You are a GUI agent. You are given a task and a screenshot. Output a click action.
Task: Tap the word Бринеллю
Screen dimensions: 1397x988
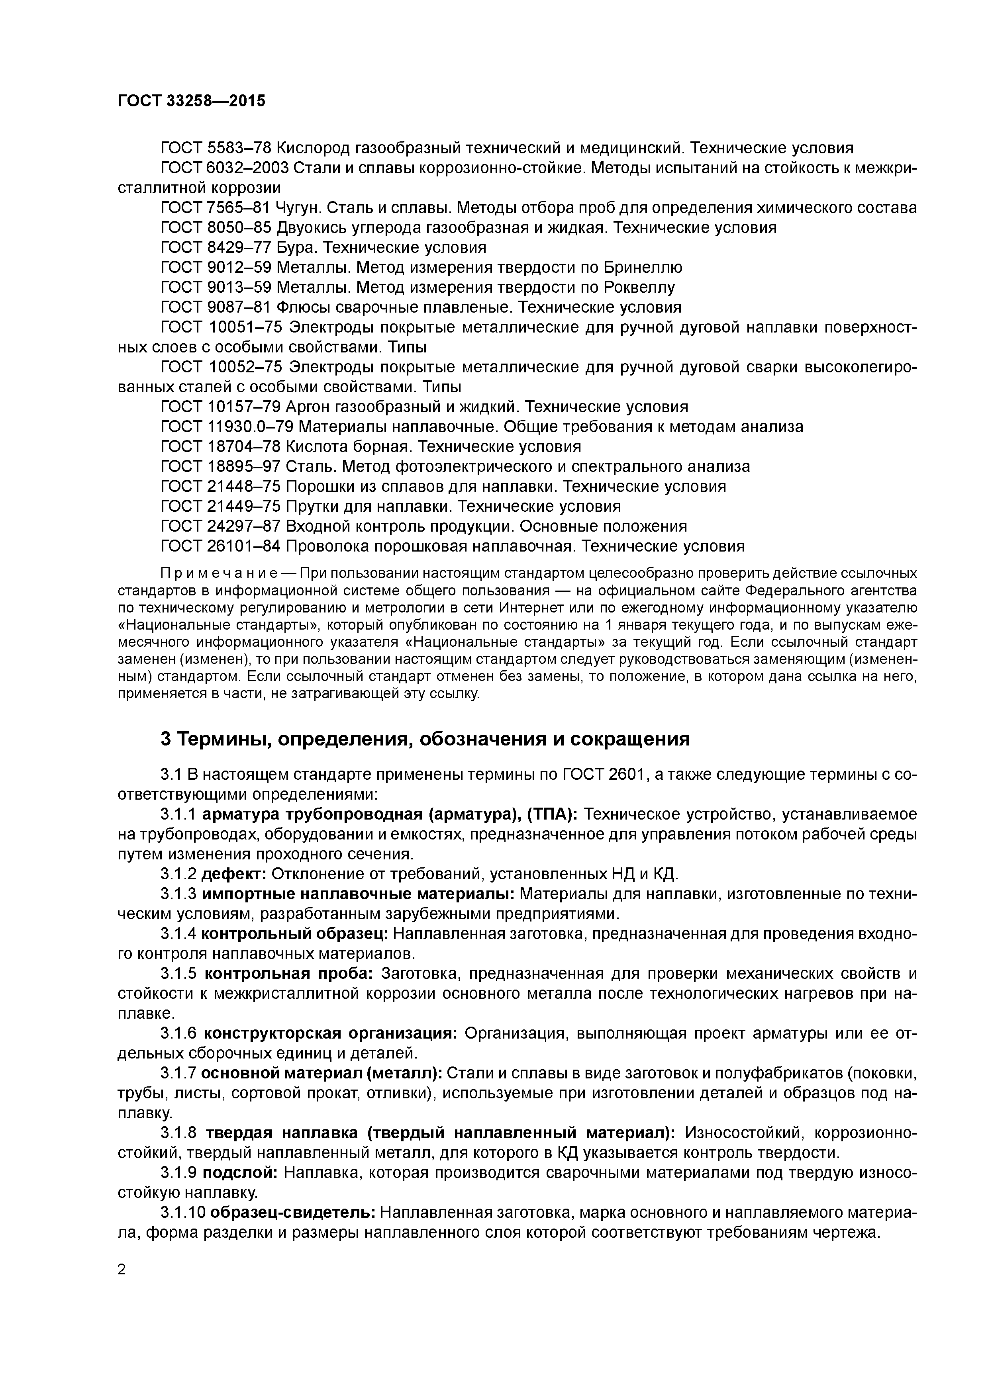pyautogui.click(x=643, y=267)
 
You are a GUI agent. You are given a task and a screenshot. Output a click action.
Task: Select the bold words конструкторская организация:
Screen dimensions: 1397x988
pyautogui.click(x=330, y=1033)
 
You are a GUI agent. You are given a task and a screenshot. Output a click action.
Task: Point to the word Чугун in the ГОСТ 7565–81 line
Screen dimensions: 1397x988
pyautogui.click(x=296, y=207)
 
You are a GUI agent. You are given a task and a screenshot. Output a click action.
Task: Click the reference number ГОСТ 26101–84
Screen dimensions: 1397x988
pyautogui.click(x=220, y=546)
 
